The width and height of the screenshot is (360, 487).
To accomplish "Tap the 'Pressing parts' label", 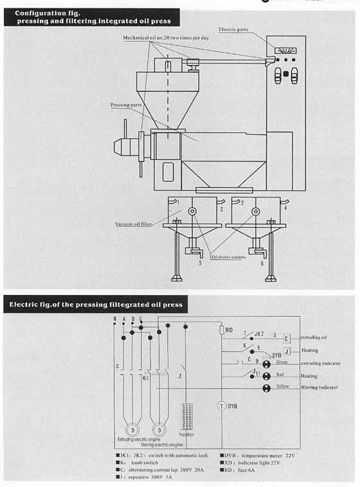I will [x=125, y=103].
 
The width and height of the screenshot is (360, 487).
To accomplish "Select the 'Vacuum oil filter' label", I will [x=134, y=224].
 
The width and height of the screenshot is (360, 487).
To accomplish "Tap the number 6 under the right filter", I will [x=262, y=263].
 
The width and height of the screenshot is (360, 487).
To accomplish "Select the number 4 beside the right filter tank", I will [x=285, y=208].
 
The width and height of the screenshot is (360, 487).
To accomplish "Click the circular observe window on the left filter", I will [x=192, y=211].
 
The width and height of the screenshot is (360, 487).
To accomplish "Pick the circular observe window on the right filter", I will [x=255, y=211].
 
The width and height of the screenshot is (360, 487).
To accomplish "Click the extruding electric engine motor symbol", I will [x=132, y=428].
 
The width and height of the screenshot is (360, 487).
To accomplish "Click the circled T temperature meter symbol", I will [x=221, y=406].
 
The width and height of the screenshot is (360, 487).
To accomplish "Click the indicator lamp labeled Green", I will [x=265, y=364].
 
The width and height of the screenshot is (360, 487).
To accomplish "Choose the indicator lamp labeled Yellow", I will [x=265, y=388].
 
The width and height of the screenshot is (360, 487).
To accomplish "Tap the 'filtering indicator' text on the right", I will [x=319, y=387].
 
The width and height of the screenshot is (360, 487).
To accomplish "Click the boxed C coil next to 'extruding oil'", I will [x=286, y=338].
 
